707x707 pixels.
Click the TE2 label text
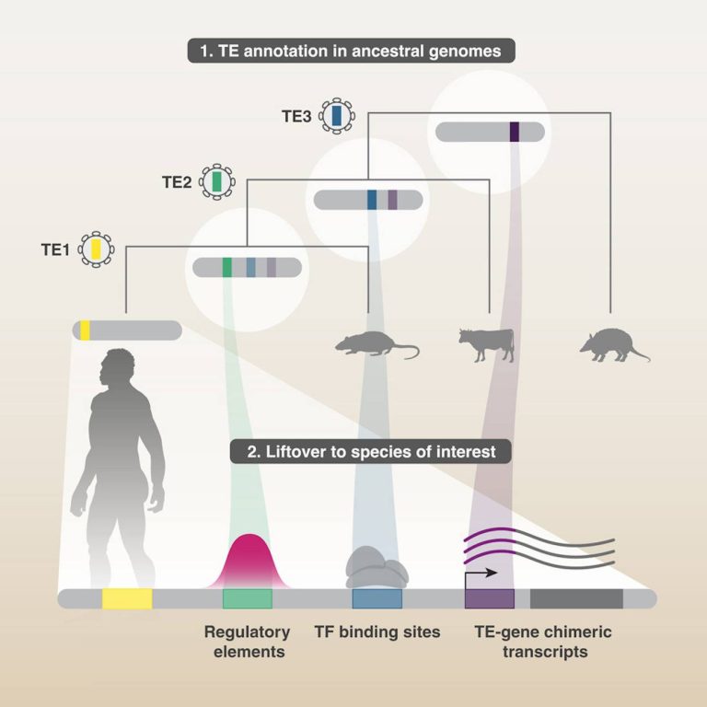[x=178, y=181]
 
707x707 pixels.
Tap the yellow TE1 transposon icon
[x=94, y=249]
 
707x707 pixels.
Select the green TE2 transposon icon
[x=217, y=182]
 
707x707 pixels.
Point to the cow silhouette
[x=486, y=342]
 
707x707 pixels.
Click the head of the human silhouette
[x=120, y=365]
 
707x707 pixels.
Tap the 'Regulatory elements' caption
[x=247, y=642]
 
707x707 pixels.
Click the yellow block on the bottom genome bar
[x=127, y=599]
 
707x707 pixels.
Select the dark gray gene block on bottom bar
[x=576, y=599]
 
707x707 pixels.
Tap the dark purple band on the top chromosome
[x=515, y=132]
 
